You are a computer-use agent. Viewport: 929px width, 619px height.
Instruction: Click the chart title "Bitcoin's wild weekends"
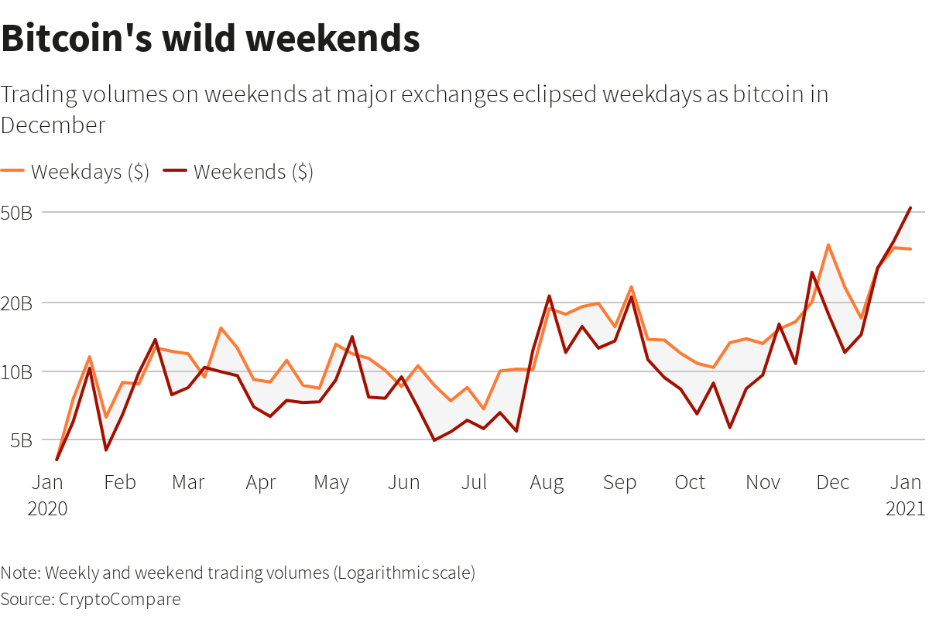(211, 39)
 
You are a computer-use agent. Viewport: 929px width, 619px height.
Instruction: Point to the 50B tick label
(16, 213)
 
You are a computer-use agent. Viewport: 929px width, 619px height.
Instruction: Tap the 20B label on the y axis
(16, 303)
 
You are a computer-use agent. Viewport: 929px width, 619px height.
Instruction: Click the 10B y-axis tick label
(16, 372)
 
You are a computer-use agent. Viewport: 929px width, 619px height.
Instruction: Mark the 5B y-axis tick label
(22, 440)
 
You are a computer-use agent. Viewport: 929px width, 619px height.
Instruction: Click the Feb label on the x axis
(120, 483)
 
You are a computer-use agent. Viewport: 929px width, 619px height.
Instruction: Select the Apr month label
(261, 483)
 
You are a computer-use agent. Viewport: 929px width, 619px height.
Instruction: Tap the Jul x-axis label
(474, 483)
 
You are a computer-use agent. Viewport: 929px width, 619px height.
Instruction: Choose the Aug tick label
(547, 483)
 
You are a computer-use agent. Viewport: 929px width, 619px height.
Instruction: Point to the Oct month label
(690, 483)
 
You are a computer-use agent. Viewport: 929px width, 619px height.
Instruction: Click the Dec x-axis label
(833, 483)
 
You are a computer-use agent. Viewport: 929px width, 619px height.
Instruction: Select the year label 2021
(905, 508)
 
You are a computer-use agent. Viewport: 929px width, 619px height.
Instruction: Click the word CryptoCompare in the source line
(120, 599)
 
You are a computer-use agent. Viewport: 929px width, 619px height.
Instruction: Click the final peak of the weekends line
(910, 207)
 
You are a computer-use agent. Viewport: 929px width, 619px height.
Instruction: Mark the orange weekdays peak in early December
(828, 245)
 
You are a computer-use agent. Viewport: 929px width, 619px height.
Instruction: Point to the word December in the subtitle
(53, 125)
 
